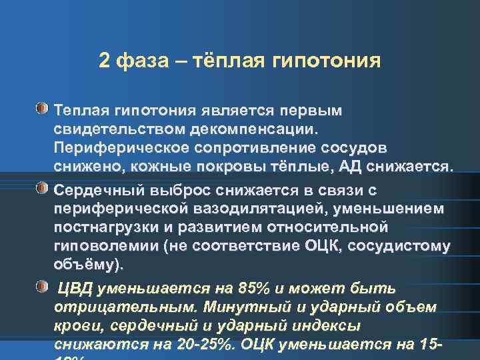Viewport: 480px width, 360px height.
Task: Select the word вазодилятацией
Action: click(x=238, y=209)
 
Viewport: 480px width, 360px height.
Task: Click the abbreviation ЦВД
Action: click(x=76, y=289)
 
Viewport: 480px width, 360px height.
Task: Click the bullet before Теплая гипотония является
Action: click(x=43, y=107)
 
